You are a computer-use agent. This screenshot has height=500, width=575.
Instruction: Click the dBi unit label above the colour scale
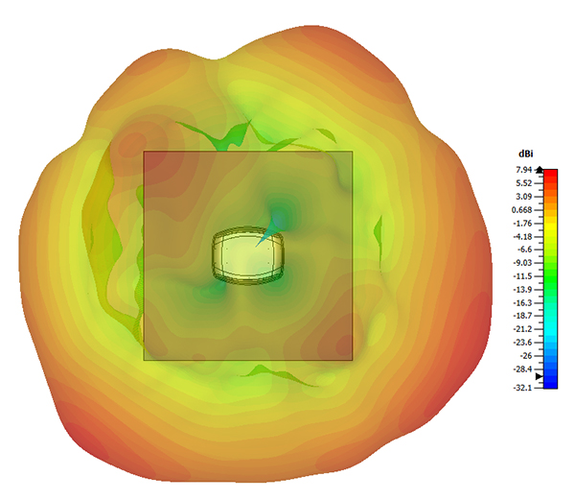[525, 154]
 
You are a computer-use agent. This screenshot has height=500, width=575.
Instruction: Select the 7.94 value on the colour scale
[523, 170]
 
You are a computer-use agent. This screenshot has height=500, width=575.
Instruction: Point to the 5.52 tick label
[523, 183]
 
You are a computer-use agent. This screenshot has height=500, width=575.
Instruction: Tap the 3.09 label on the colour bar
[523, 197]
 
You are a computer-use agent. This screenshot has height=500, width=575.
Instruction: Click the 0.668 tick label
[522, 210]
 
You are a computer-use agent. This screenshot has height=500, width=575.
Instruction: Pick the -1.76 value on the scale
[522, 224]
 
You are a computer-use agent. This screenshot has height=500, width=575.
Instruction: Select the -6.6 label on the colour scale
[524, 250]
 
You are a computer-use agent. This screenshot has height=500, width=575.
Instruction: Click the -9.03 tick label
[522, 263]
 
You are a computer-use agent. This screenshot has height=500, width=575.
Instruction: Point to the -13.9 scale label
[522, 290]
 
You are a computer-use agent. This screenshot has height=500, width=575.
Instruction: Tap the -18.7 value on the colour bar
[522, 316]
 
